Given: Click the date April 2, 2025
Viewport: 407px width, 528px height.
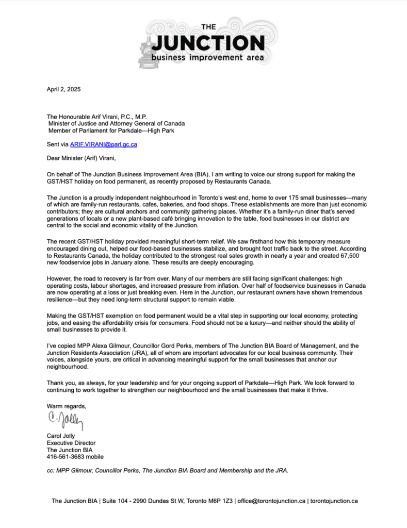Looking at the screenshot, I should coord(63,89).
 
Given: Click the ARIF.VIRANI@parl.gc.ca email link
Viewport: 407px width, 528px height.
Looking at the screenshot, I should coord(103,144).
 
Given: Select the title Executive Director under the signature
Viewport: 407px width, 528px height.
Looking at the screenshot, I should coord(71,442).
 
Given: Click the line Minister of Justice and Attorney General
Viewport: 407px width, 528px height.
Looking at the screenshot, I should coord(117,123).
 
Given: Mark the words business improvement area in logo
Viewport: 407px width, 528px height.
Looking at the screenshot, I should coord(208,57).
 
